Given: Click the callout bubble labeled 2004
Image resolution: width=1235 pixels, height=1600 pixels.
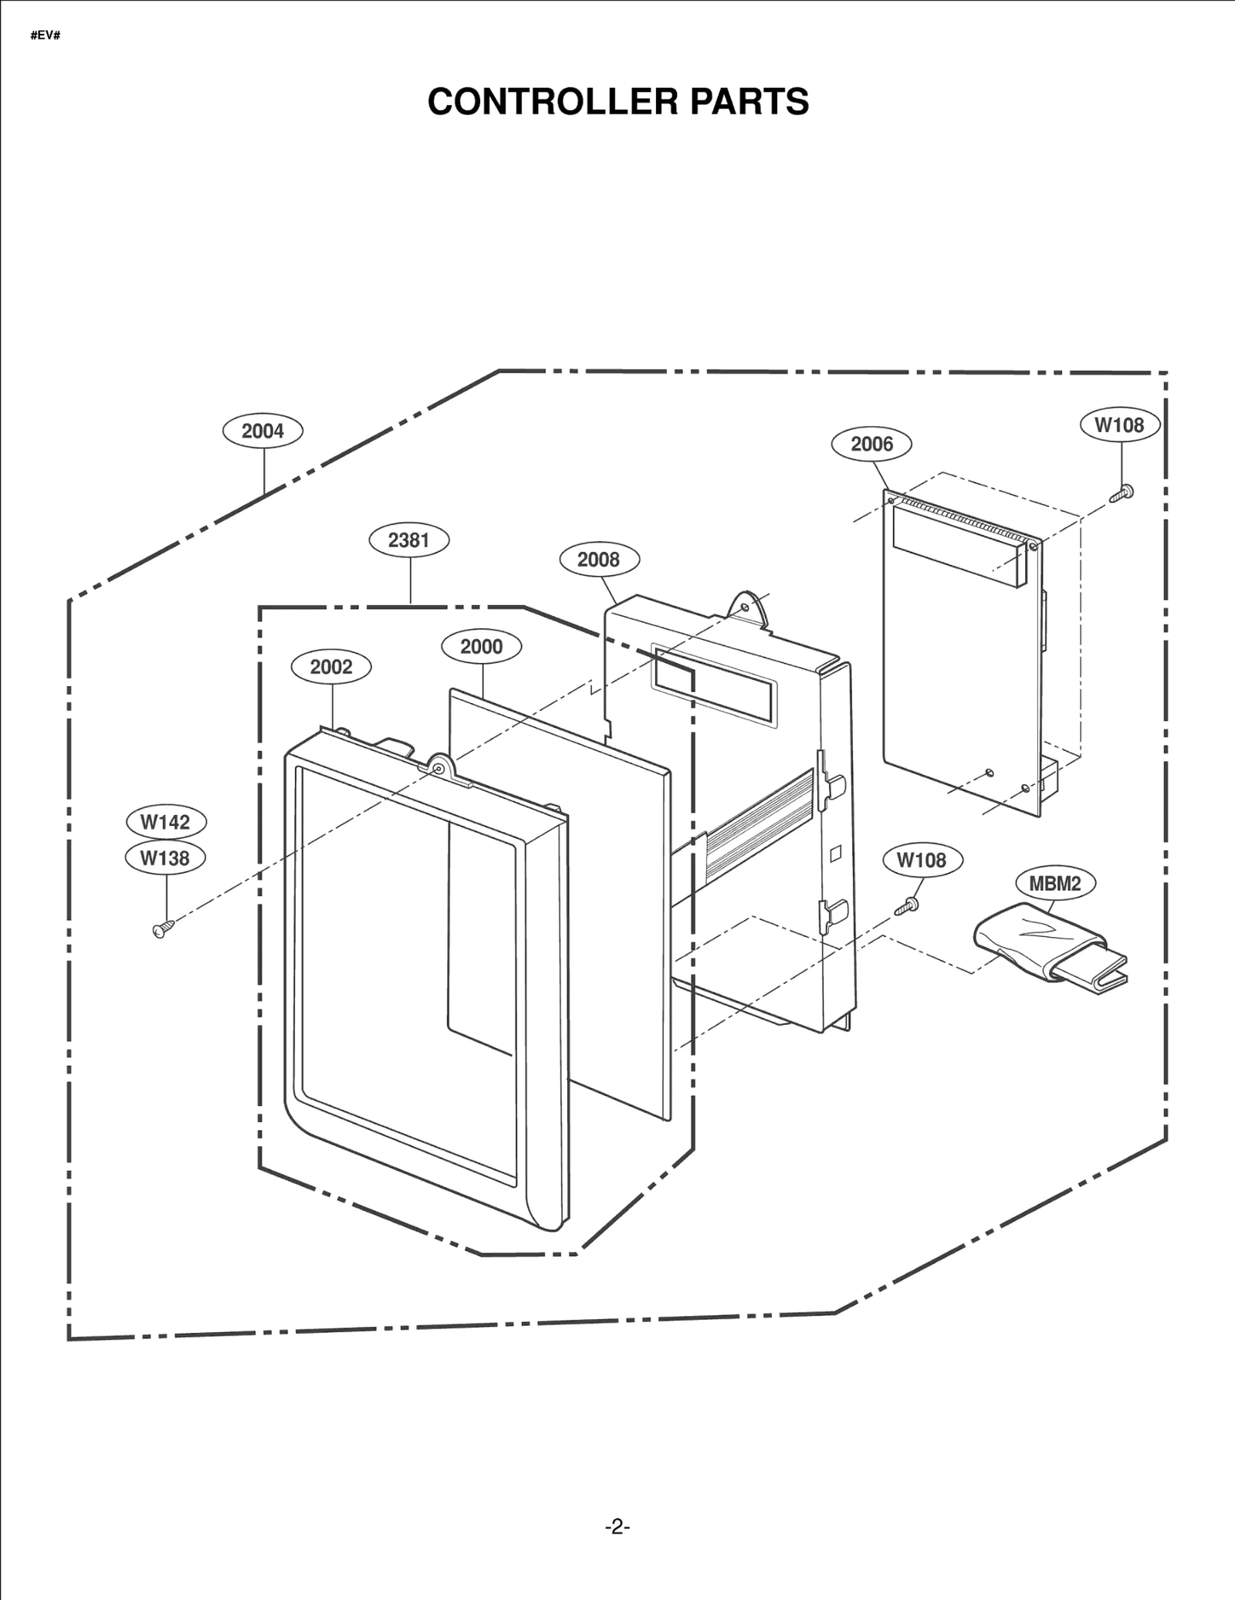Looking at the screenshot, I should click(262, 431).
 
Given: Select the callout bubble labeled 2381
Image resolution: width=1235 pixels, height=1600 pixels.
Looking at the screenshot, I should click(408, 540).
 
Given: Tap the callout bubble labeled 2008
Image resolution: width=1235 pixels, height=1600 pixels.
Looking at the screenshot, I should click(598, 560).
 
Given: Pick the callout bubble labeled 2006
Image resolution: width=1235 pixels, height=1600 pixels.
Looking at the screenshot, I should click(871, 444).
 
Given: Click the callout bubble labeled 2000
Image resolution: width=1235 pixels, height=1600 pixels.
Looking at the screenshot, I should click(481, 646).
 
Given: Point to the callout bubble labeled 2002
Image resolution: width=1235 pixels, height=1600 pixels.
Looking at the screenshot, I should click(331, 666).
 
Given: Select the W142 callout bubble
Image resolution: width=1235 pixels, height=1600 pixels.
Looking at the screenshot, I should click(165, 822).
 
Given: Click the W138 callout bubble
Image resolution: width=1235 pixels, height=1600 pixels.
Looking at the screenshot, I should click(165, 858).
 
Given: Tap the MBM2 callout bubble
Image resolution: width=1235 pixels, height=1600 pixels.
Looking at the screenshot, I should click(1054, 884).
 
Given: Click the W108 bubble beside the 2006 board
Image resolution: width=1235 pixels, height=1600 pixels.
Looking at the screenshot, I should click(1119, 425).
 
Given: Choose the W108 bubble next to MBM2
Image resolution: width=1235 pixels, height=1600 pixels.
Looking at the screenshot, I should click(922, 860).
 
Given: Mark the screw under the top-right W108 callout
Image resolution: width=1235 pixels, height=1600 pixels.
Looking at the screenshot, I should click(1122, 493).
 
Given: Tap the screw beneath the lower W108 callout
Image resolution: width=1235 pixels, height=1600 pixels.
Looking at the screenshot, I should click(906, 907).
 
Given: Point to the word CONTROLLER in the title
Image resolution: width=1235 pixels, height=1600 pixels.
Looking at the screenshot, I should click(553, 101).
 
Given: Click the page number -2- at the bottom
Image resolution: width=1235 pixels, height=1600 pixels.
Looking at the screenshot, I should click(617, 1527).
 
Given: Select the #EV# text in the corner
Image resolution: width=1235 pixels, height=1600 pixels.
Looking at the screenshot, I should click(46, 36).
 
